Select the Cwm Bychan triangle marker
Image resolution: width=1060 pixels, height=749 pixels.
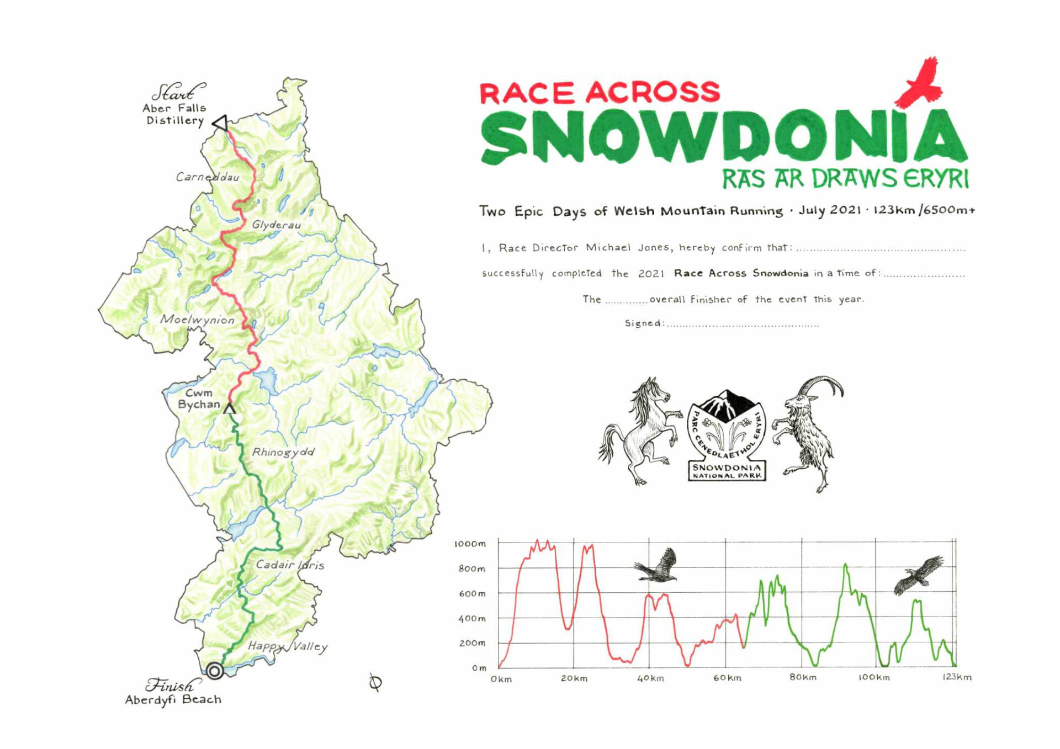230,408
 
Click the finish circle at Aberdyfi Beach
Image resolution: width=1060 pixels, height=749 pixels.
215,671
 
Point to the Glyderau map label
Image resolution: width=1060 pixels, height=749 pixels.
276,225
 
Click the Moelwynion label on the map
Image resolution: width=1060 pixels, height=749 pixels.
197,320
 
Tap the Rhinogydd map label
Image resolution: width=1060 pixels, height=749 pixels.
283,452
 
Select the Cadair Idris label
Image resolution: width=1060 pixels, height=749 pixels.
290,565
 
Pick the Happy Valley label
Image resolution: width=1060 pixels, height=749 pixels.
287,646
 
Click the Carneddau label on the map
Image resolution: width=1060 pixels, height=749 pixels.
208,177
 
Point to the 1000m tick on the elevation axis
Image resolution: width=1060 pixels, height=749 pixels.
470,544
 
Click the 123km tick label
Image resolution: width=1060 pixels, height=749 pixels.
957,677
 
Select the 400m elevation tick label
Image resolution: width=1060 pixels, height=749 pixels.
472,618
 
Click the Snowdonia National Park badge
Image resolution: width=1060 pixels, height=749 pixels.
727,436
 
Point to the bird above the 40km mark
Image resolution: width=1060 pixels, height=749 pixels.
658,566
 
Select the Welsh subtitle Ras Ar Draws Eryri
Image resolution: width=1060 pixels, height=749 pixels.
845,179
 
